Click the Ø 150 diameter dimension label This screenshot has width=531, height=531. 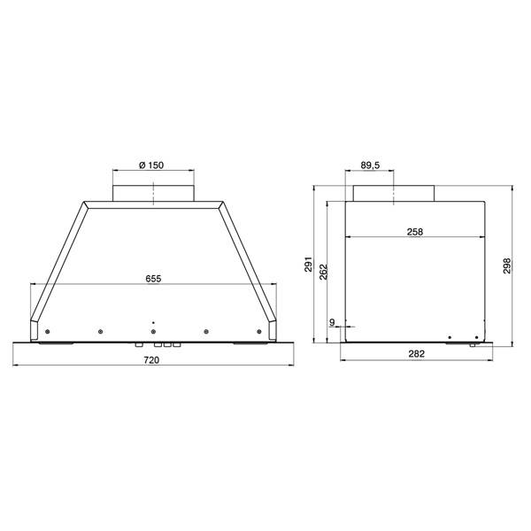[x=151, y=165]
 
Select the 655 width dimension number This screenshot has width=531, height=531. [x=153, y=279]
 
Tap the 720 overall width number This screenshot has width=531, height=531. [x=151, y=360]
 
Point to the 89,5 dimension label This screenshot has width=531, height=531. [x=370, y=165]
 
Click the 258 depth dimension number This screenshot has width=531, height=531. [x=415, y=232]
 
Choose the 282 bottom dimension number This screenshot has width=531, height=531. [x=416, y=353]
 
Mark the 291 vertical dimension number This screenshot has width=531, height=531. [x=308, y=264]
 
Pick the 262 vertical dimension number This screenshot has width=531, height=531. [x=324, y=272]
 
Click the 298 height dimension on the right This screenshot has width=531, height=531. [x=507, y=265]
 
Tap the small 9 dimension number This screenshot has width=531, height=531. [x=332, y=322]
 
